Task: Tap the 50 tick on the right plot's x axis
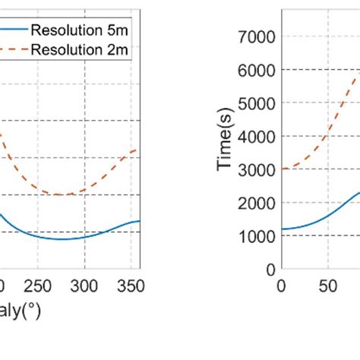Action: [326, 286]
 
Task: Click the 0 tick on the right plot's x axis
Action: [281, 286]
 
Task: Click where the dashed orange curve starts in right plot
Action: [282, 169]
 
